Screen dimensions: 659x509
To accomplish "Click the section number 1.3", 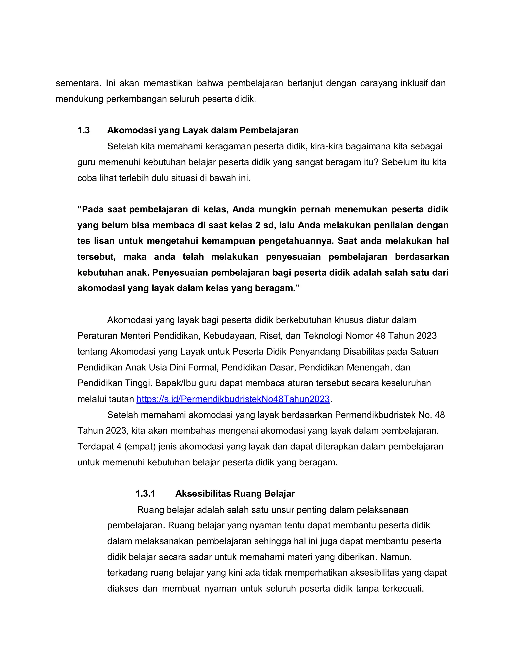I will (x=84, y=130).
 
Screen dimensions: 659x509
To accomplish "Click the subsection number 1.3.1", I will (x=145, y=494).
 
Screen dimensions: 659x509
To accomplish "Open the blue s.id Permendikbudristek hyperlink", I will (x=233, y=399).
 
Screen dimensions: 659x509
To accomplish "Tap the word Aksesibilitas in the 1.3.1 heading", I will (x=203, y=494).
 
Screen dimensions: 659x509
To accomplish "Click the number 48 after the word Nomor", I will (x=381, y=336).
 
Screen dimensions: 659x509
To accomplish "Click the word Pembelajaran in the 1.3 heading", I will (x=269, y=130).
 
